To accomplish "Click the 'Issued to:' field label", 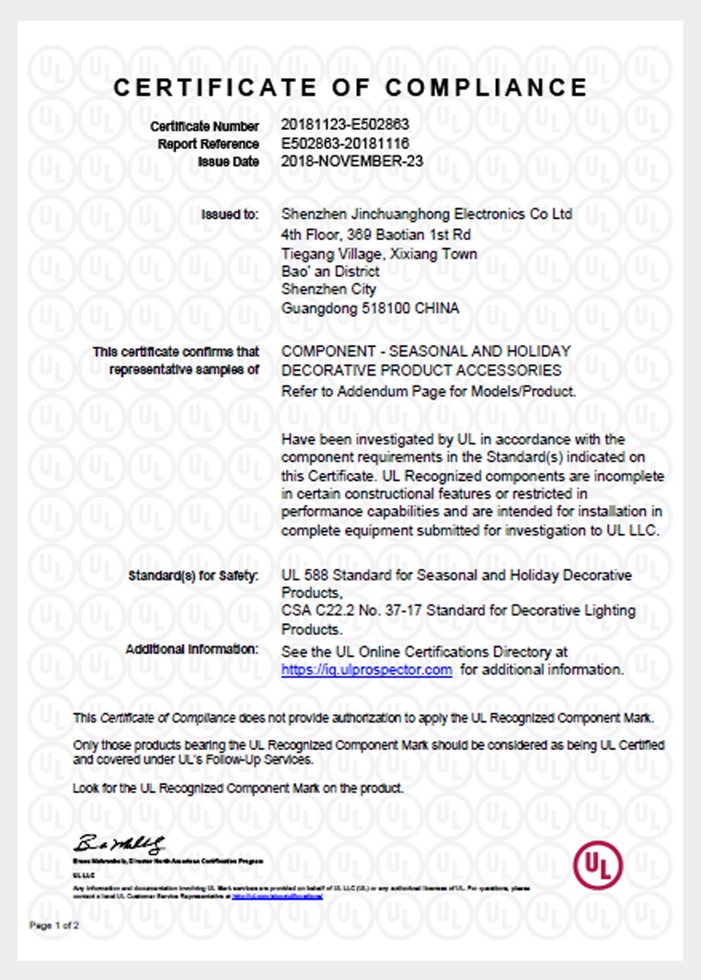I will click(x=230, y=214).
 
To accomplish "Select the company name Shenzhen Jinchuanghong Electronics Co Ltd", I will click(x=427, y=214).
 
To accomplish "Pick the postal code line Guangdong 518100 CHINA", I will click(x=370, y=308).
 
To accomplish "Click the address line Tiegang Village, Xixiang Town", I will click(x=379, y=253).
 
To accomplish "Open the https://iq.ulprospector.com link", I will click(x=366, y=670).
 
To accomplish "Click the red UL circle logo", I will click(x=598, y=865).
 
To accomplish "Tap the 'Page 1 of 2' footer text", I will click(x=54, y=925).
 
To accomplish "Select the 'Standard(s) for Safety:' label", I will click(x=194, y=576).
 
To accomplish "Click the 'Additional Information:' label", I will click(x=192, y=650).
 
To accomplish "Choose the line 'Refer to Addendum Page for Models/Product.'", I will click(x=429, y=390).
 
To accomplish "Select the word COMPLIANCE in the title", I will click(x=487, y=87).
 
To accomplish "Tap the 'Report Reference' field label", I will click(x=208, y=144).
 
